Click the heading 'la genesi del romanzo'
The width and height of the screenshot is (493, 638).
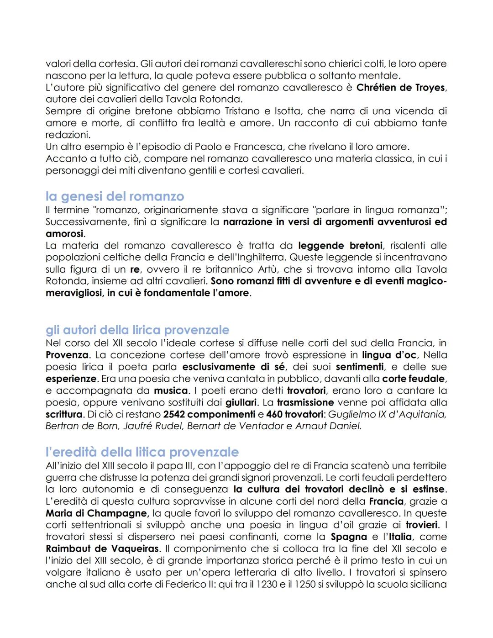pyautogui.click(x=115, y=196)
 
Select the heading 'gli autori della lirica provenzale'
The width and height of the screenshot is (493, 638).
pyautogui.click(x=137, y=330)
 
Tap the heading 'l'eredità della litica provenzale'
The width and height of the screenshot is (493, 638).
pyautogui.click(x=142, y=452)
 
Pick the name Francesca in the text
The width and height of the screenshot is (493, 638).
pyautogui.click(x=261, y=147)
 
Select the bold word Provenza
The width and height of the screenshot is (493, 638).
pyautogui.click(x=67, y=355)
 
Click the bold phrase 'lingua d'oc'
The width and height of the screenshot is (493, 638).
pyautogui.click(x=389, y=355)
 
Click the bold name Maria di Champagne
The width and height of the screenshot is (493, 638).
pyautogui.click(x=97, y=513)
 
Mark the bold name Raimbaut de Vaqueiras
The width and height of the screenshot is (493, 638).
pyautogui.click(x=102, y=548)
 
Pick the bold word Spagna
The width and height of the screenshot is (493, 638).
pyautogui.click(x=349, y=537)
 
